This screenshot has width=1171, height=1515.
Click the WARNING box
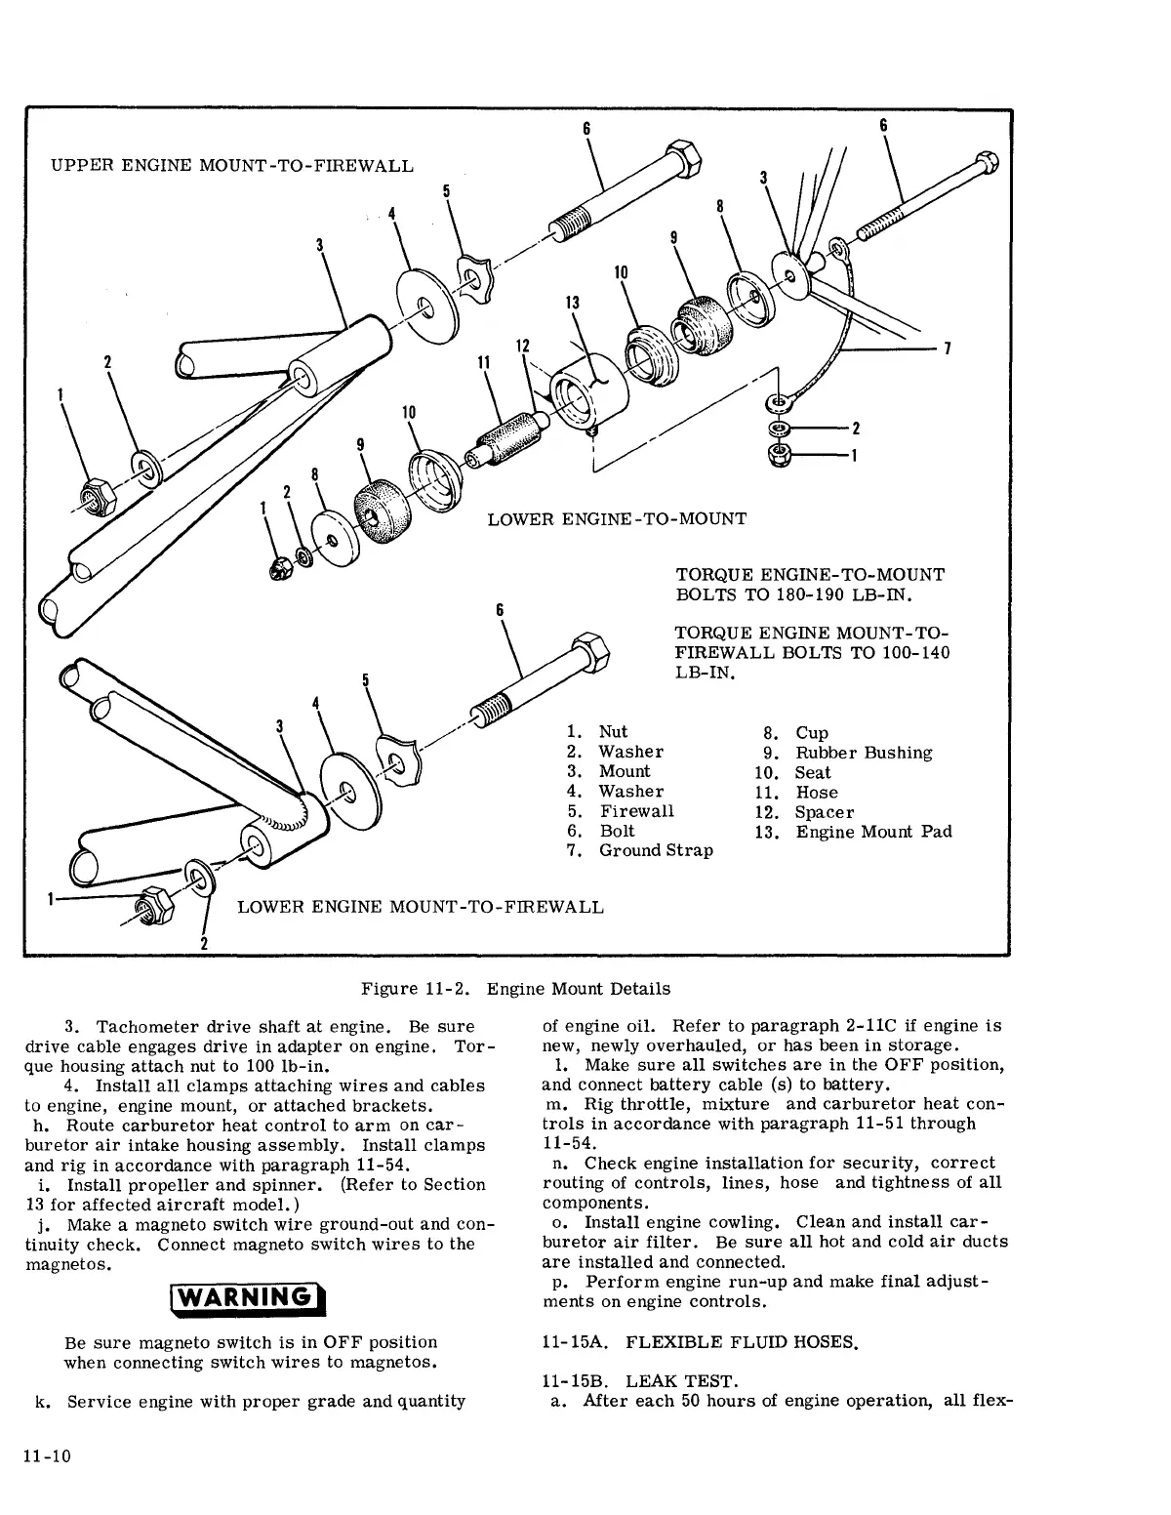click(x=247, y=1299)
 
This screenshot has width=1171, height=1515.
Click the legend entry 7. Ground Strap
click(x=640, y=850)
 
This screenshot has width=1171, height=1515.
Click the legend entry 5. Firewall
click(x=621, y=811)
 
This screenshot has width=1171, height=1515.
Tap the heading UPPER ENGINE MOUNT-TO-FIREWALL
click(x=231, y=165)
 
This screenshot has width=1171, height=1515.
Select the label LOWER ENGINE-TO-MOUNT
click(x=617, y=518)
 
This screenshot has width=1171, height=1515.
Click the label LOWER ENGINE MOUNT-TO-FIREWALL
click(x=421, y=907)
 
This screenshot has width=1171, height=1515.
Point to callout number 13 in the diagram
click(x=573, y=303)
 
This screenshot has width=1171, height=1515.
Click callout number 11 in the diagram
click(x=482, y=361)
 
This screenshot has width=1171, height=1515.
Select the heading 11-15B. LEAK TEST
click(x=639, y=1381)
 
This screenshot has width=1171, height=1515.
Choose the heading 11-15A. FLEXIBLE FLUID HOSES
click(x=699, y=1342)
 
